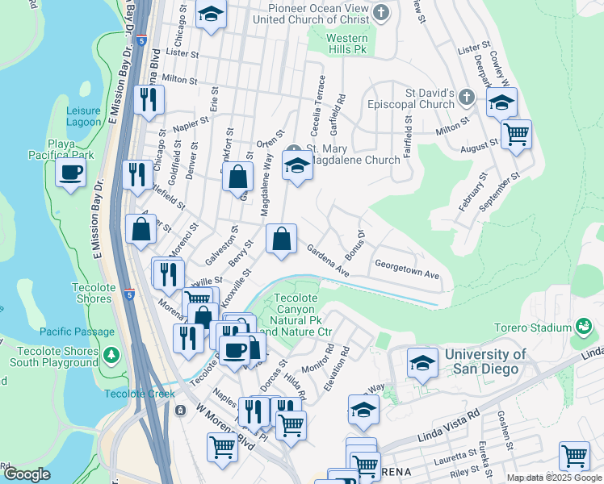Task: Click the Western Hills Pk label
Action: tap(347, 44)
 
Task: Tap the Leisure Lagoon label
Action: tap(83, 116)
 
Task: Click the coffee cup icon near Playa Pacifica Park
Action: tap(71, 172)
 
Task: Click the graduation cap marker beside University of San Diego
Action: tap(422, 362)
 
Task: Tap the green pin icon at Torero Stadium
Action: tap(583, 328)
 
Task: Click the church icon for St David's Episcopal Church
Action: tap(465, 98)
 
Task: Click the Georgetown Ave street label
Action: tap(406, 269)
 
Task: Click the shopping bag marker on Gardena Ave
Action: tap(280, 240)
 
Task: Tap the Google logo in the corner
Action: tap(27, 474)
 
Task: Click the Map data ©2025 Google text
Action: tap(553, 478)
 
